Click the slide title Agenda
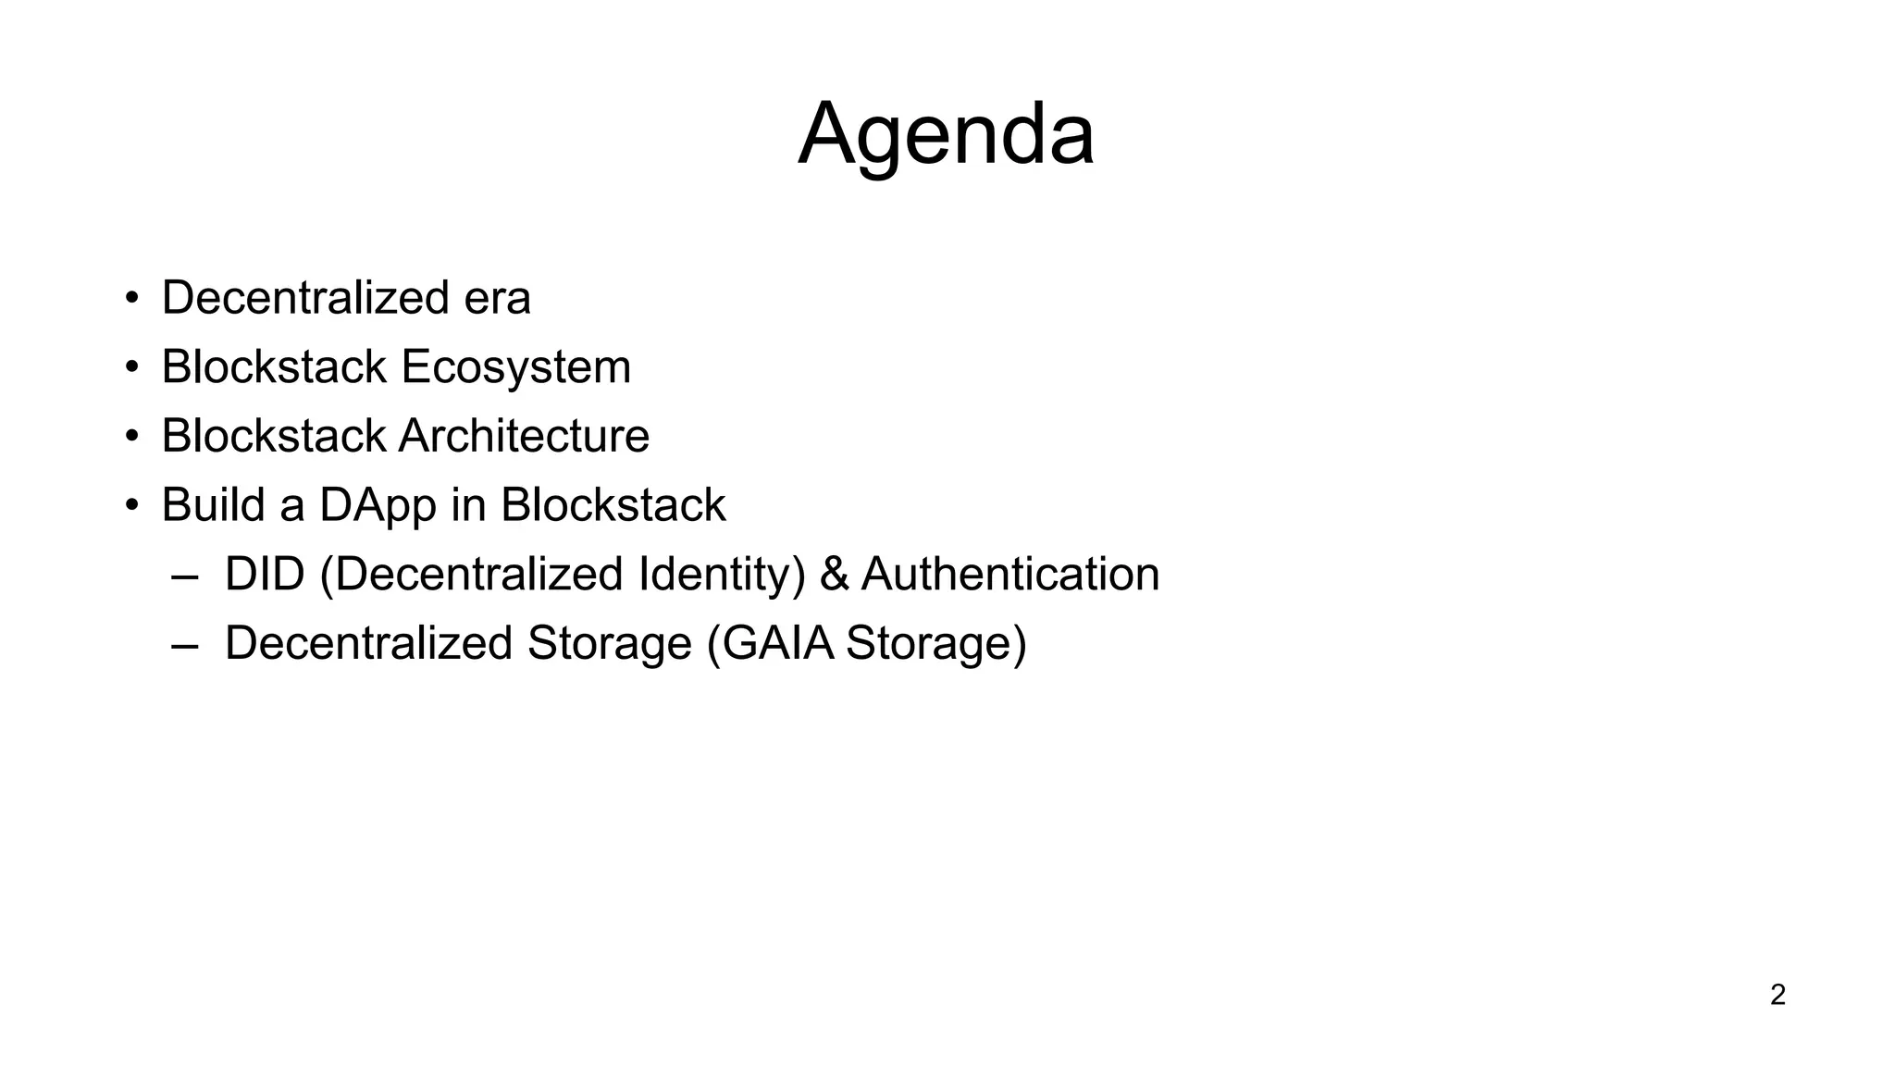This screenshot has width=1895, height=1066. [946, 135]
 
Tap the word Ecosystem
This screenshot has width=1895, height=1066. [515, 367]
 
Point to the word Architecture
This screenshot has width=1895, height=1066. [524, 436]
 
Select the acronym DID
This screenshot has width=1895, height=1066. [265, 574]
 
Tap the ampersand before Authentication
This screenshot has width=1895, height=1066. [834, 575]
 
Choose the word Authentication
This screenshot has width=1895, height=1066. [1010, 575]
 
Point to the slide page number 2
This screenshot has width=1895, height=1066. [1777, 995]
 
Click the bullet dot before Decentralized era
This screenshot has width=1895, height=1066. [132, 299]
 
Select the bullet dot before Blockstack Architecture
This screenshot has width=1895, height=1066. [132, 437]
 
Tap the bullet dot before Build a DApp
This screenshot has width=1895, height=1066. [132, 506]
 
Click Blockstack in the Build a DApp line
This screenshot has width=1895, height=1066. [613, 505]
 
